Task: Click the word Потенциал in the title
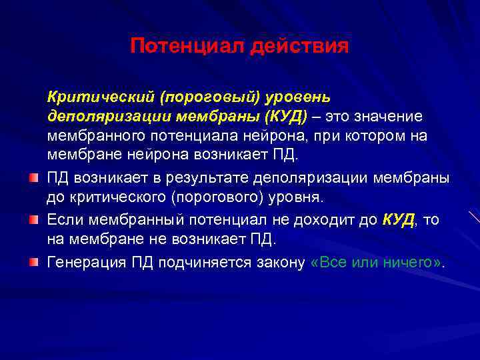coord(188,46)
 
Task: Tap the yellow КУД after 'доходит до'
coord(399,220)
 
